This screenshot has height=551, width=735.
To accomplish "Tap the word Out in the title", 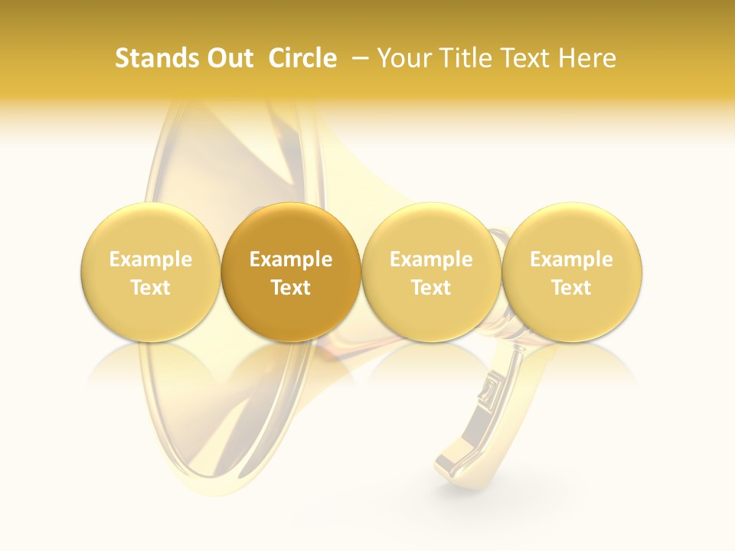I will tap(228, 58).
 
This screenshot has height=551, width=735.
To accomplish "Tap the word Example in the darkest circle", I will tap(291, 259).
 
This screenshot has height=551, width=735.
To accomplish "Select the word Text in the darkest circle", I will tap(291, 288).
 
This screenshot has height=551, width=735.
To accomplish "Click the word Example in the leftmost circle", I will tap(151, 259).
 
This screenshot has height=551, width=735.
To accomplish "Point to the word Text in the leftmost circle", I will tap(151, 288).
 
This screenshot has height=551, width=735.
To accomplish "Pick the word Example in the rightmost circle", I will tap(572, 259).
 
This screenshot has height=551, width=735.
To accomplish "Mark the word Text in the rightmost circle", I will tap(572, 288).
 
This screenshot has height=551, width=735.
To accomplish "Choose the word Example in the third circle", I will tap(431, 259).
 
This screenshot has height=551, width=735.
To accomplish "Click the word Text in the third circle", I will tap(431, 288).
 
